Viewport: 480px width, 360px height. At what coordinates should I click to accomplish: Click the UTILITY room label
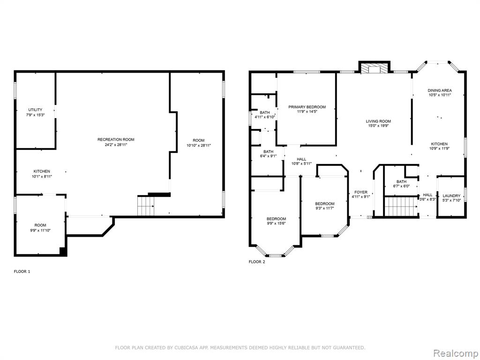tap(35, 110)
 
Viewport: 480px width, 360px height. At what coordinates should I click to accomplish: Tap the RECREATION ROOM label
tap(116, 140)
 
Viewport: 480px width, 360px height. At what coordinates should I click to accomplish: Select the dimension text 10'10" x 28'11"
tap(199, 145)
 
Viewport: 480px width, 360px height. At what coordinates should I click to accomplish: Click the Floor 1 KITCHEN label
tap(42, 172)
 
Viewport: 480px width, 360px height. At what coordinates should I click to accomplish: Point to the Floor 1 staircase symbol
tap(146, 206)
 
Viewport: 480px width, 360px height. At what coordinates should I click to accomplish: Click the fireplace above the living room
tap(375, 68)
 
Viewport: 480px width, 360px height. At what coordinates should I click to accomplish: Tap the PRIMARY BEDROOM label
tap(307, 107)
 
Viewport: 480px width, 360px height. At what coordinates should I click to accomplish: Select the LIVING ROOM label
tap(378, 121)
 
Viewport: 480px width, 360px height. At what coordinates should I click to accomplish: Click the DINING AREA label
tap(440, 90)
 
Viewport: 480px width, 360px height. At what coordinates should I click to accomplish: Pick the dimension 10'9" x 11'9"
tap(439, 149)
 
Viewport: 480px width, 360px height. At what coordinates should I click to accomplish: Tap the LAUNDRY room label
tap(451, 196)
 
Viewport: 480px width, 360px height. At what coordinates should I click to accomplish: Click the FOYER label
tap(361, 192)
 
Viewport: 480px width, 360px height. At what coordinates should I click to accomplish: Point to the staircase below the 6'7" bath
tap(401, 206)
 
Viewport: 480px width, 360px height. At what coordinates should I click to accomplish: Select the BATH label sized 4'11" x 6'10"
tap(265, 112)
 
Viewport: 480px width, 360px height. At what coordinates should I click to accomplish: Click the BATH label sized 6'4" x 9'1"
tap(269, 152)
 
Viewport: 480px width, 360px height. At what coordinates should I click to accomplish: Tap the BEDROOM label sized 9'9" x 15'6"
tap(277, 219)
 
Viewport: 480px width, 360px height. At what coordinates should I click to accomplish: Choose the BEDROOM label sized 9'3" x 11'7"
tap(325, 204)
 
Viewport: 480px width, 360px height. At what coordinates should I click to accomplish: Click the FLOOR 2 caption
tap(257, 262)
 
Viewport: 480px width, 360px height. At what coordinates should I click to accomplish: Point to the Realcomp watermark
tap(456, 353)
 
